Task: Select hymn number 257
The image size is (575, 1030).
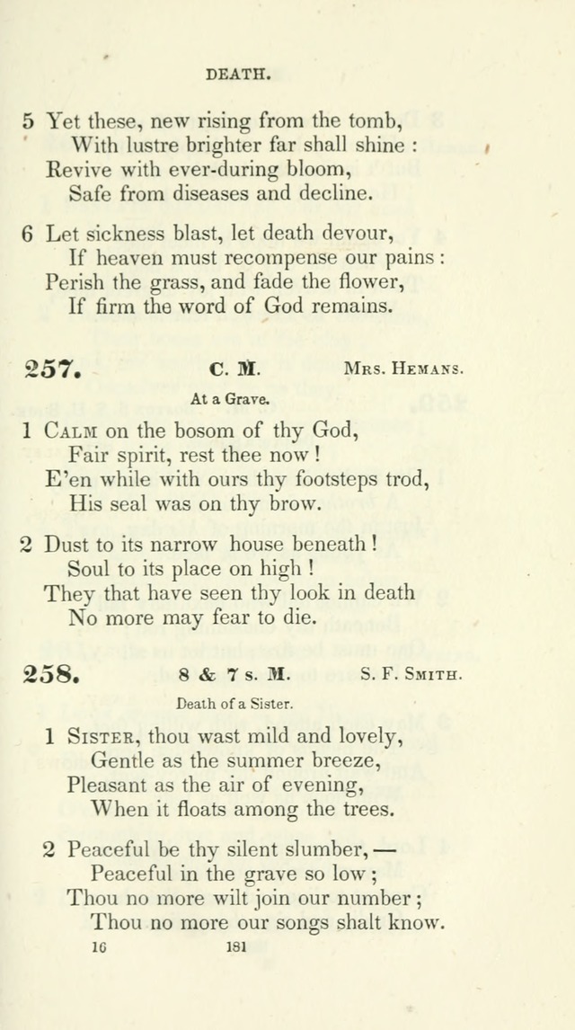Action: [x=53, y=369]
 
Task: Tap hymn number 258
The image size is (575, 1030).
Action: [x=53, y=675]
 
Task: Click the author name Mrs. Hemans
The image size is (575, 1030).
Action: [x=403, y=368]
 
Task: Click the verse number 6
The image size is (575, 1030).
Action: [x=27, y=234]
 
